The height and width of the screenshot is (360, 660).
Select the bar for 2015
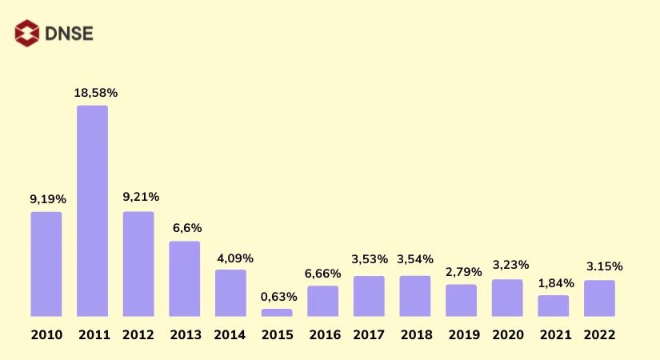point(277,312)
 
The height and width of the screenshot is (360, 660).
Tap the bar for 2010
point(46,263)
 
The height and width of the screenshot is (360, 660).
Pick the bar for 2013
point(185,278)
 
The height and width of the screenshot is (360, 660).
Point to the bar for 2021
point(553,306)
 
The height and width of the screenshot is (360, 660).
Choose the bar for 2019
point(461,300)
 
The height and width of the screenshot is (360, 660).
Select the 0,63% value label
point(279,296)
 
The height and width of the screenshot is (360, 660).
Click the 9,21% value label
point(141,196)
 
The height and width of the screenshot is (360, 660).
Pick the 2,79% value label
point(462,270)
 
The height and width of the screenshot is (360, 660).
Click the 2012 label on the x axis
point(138,334)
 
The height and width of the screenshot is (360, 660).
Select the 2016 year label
point(322,334)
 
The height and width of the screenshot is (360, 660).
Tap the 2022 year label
point(599,334)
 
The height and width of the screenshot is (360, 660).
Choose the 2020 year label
point(507,334)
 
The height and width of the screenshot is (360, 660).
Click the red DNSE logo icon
point(27,34)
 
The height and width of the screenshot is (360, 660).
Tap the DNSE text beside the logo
point(70,34)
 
